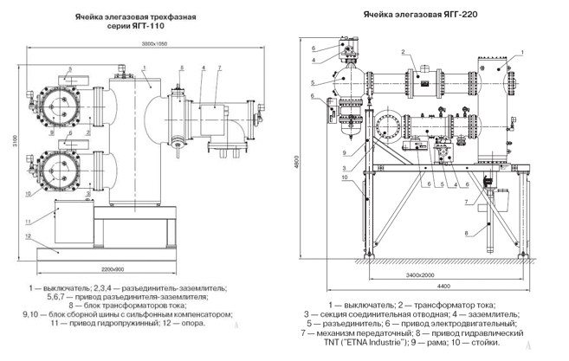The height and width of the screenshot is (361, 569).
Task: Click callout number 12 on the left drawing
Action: point(29,235)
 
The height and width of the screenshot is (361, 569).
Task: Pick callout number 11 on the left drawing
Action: point(29,210)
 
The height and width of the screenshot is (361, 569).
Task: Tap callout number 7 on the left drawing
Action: point(221,67)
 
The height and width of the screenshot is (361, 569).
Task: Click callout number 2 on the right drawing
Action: point(403,54)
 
